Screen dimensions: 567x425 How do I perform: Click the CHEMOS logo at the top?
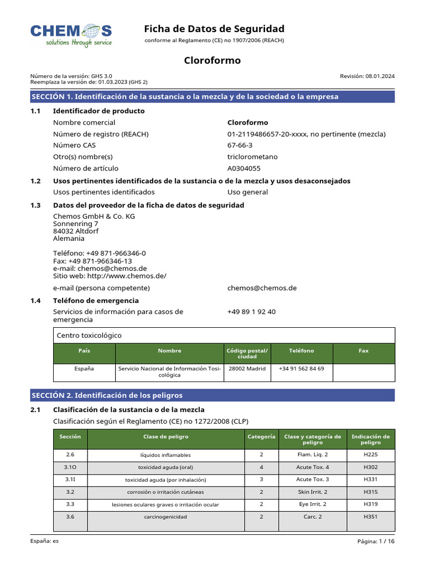[x=71, y=35]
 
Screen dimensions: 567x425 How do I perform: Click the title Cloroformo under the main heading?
[x=212, y=60]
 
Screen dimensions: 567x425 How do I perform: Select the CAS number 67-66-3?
[x=240, y=145]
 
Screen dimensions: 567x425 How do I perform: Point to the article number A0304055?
[x=243, y=168]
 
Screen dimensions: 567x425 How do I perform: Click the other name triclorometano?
[x=252, y=157]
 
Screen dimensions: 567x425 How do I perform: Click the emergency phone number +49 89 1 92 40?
[x=251, y=312]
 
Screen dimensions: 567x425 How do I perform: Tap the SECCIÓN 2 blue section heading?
[x=212, y=395]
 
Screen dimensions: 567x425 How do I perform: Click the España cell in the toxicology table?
[x=84, y=368]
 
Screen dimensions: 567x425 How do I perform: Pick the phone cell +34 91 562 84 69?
[x=301, y=368]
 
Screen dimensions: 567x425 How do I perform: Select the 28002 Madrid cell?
[x=247, y=368]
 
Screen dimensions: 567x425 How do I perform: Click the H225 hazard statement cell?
[x=370, y=455]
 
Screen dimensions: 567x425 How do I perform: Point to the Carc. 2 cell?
[x=312, y=517]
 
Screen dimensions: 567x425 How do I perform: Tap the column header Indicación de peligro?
[x=370, y=440]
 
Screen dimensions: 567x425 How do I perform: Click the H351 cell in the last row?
[x=370, y=517]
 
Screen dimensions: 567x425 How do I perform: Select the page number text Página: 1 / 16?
[x=376, y=542]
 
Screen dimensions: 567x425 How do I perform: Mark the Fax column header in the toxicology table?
[x=364, y=350]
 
